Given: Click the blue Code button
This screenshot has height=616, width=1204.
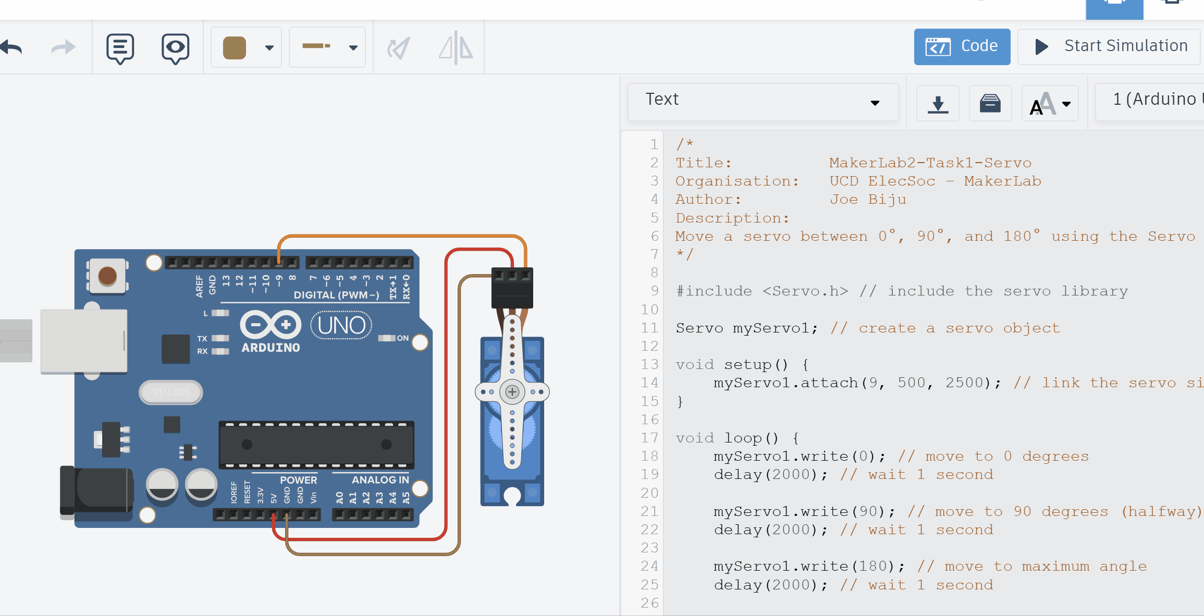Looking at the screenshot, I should [x=962, y=46].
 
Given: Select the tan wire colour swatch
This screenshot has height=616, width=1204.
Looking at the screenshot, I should [x=235, y=48].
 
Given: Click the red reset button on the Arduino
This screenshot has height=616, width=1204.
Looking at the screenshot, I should [x=107, y=276].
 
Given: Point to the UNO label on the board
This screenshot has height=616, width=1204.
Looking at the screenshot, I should [x=341, y=325].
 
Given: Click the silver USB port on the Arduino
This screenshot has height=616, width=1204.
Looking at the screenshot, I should [x=83, y=341].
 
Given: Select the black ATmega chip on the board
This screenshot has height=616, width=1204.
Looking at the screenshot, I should [x=316, y=445].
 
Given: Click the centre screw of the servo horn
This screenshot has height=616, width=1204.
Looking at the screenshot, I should [x=512, y=392].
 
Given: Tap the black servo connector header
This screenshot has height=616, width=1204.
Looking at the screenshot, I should [x=512, y=288].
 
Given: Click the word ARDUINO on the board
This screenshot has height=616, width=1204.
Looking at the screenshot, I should [x=271, y=348].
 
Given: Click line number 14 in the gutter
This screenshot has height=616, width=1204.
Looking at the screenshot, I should [x=649, y=383].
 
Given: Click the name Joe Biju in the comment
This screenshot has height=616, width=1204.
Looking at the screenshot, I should [x=868, y=200].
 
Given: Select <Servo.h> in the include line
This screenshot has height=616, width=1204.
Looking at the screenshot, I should [x=805, y=291].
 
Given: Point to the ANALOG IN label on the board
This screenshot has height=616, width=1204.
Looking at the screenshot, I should [x=380, y=480].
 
